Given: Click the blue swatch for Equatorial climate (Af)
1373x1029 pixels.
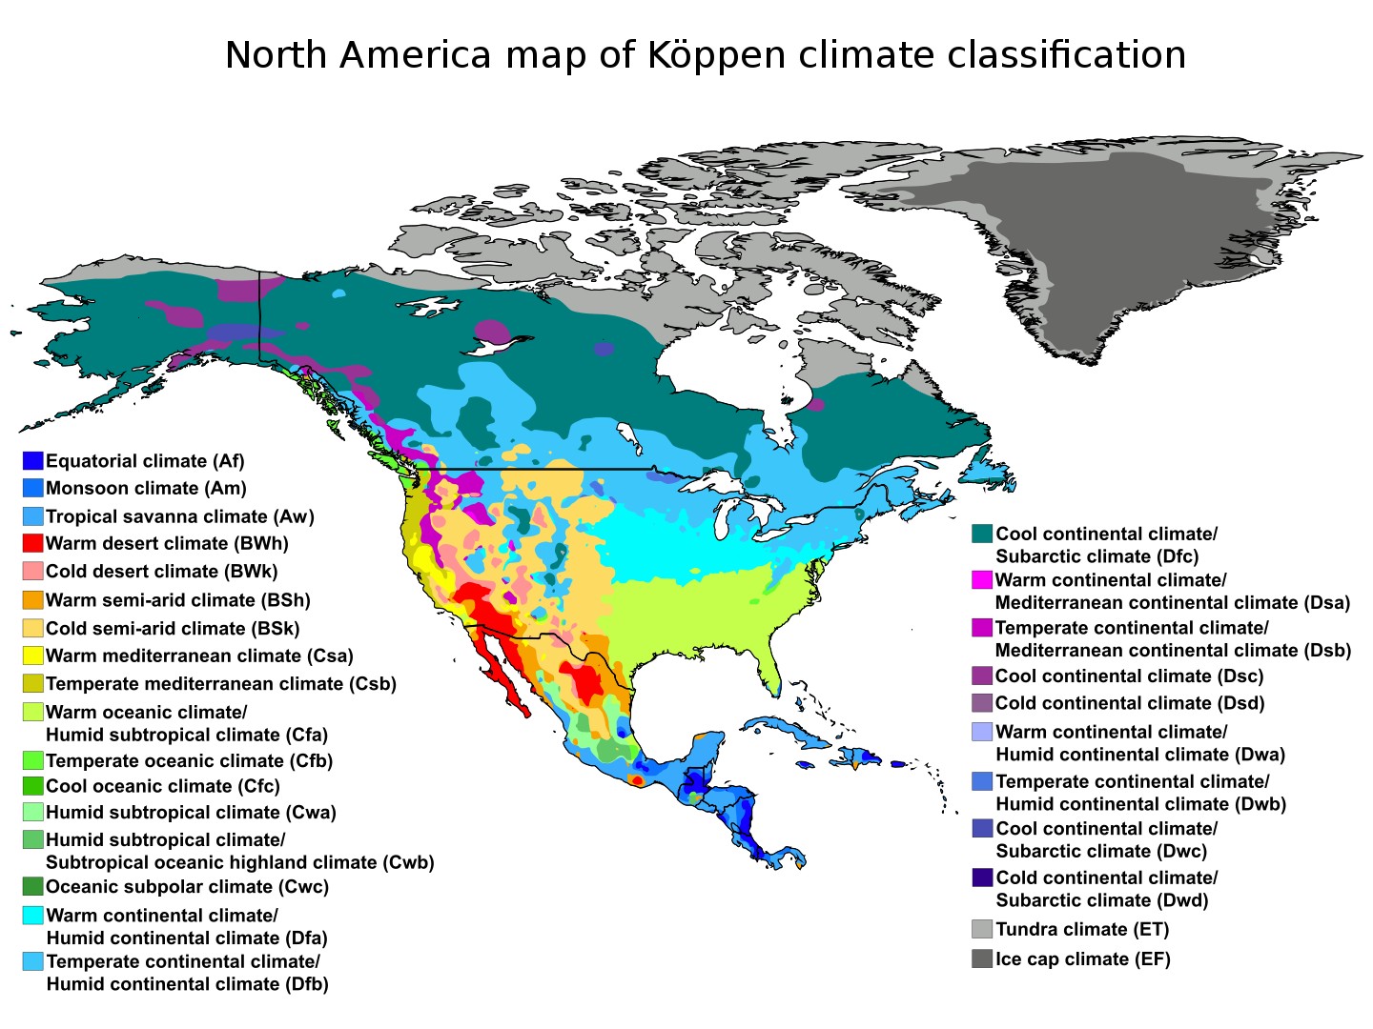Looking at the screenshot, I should [x=32, y=461].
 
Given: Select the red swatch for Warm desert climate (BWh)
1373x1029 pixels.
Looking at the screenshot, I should [x=32, y=544].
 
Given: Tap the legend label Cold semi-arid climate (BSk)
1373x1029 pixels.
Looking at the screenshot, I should [x=173, y=629].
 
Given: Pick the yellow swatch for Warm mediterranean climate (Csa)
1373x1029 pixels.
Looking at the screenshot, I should [x=32, y=656].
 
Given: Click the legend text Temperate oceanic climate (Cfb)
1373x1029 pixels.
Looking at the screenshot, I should [x=189, y=761].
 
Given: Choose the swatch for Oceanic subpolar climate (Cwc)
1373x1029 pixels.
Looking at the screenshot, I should [x=32, y=887].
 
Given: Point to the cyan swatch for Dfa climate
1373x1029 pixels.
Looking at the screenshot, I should [x=32, y=916].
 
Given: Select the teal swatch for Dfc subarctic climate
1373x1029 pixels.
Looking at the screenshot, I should [x=982, y=535].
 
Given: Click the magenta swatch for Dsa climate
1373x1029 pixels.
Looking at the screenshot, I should [x=982, y=580].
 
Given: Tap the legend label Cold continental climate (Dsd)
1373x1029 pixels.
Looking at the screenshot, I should [x=1130, y=704].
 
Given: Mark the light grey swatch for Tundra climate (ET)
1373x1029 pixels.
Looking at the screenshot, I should [x=982, y=930].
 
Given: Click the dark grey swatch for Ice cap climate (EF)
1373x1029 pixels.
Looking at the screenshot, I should [x=982, y=959].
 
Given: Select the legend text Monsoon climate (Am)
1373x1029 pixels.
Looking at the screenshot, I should [x=146, y=489].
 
